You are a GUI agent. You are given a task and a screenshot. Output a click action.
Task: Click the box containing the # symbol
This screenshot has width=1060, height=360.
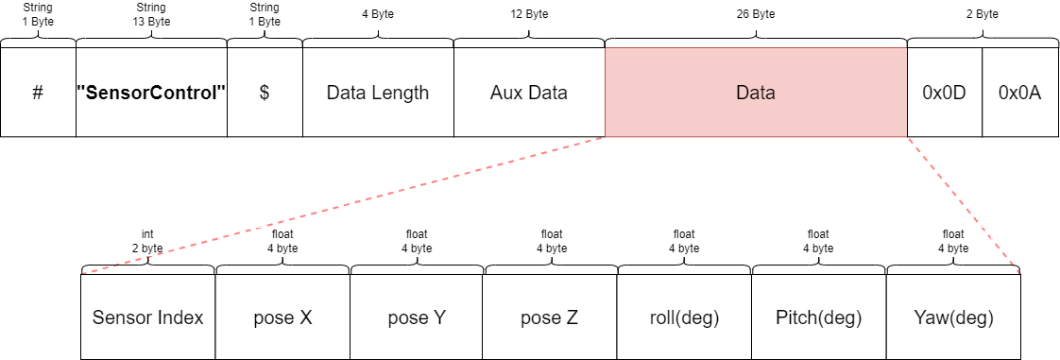point(38,92)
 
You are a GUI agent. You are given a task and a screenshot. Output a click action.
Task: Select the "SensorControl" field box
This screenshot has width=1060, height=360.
point(151,92)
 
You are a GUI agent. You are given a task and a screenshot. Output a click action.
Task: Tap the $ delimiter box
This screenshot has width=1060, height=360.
point(265,92)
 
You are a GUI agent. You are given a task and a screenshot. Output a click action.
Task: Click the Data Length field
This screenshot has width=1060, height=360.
point(379,92)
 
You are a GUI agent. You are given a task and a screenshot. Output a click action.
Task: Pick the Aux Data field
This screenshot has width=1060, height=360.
point(529,92)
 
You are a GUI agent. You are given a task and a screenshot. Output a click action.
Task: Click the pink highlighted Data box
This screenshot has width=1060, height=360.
point(756,92)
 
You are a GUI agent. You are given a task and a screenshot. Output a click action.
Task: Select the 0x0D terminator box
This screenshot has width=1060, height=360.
point(945,92)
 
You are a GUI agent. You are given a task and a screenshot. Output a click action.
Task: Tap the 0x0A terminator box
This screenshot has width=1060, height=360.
point(1020,92)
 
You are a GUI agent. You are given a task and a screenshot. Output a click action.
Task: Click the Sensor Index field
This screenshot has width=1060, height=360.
point(148,317)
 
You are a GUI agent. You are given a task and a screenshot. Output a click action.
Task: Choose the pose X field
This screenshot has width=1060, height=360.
point(282,317)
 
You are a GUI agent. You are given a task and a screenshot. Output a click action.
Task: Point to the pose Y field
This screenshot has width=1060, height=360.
point(418,317)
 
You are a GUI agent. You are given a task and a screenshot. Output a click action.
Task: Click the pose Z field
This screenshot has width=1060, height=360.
point(551,317)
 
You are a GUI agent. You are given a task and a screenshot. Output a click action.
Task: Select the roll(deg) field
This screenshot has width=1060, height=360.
point(685,317)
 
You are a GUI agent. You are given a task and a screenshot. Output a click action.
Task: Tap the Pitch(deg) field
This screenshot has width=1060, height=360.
point(819,317)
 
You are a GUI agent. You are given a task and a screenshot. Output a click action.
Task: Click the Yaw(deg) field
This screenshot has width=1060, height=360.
point(953,317)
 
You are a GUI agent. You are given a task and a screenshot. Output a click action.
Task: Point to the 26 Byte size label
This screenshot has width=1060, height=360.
point(756,14)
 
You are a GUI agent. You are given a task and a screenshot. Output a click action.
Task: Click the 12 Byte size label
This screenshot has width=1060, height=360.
point(529,14)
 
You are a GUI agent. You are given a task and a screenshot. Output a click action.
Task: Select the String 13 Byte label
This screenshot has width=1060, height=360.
point(151,14)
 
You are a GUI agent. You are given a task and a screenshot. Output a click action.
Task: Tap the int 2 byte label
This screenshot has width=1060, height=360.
point(147,242)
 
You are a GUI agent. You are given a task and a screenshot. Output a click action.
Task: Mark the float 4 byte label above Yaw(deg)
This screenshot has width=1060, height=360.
point(953,242)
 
